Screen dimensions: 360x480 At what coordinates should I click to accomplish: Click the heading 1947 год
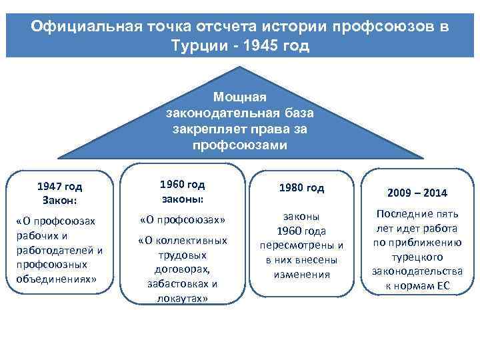click(59, 187)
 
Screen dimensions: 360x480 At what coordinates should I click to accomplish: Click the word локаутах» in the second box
click(183, 299)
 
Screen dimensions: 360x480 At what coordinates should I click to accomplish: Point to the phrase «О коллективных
click(183, 241)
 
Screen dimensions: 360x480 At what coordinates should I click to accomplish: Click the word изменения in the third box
click(302, 274)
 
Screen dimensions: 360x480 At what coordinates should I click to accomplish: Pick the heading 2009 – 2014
click(417, 193)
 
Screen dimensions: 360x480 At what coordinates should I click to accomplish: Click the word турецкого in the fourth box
click(417, 257)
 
